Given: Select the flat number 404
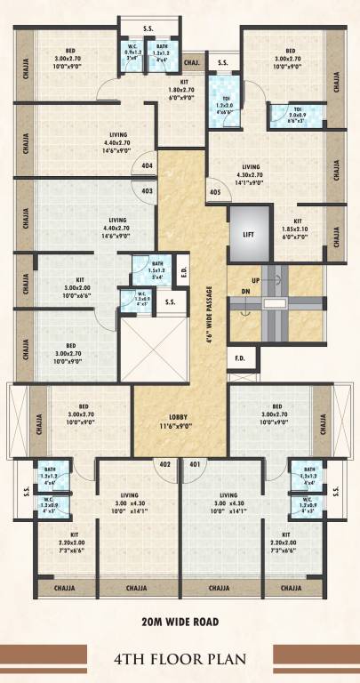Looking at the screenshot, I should [147, 166].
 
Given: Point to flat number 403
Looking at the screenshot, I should [147, 189].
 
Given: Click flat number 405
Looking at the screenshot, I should [215, 192].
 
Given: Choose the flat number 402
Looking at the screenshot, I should [164, 463].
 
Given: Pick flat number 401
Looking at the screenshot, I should [195, 463].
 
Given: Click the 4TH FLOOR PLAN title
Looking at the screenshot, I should [180, 659].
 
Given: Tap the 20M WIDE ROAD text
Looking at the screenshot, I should [180, 621].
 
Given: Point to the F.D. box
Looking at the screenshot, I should [240, 359].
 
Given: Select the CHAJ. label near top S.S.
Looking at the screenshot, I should [191, 63].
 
